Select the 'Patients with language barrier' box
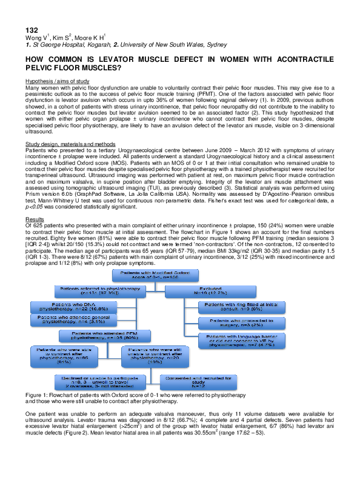(x=237, y=340)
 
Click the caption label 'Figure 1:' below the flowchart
(x=36, y=395)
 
